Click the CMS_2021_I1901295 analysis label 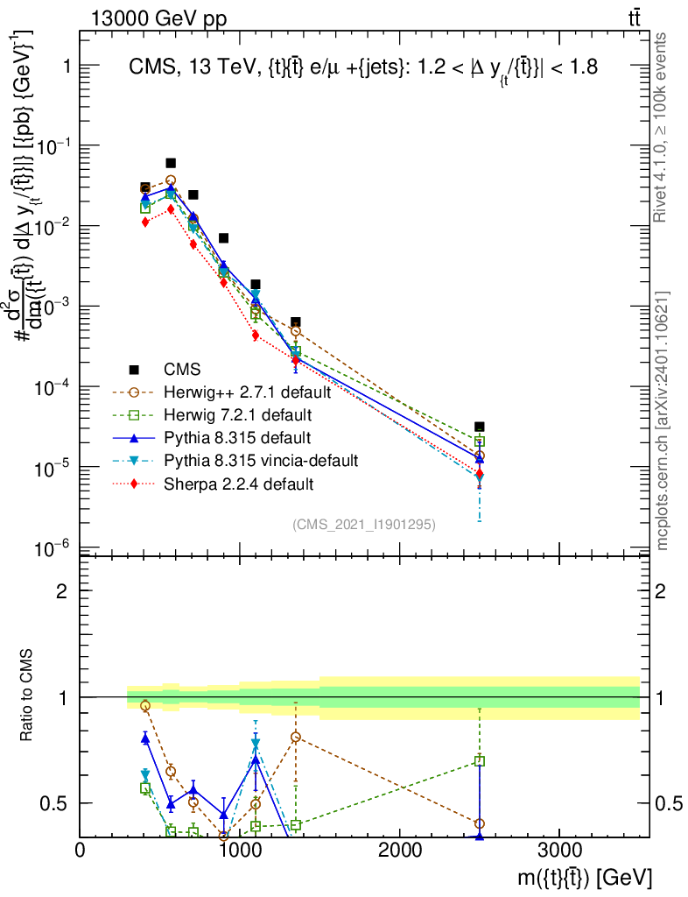[364, 524]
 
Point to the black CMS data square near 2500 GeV [480, 427]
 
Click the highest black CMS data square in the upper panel [171, 163]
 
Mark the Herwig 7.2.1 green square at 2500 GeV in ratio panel [480, 761]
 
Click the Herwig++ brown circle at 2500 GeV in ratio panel [480, 823]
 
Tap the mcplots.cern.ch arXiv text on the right [663, 420]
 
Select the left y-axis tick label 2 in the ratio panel [62, 591]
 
